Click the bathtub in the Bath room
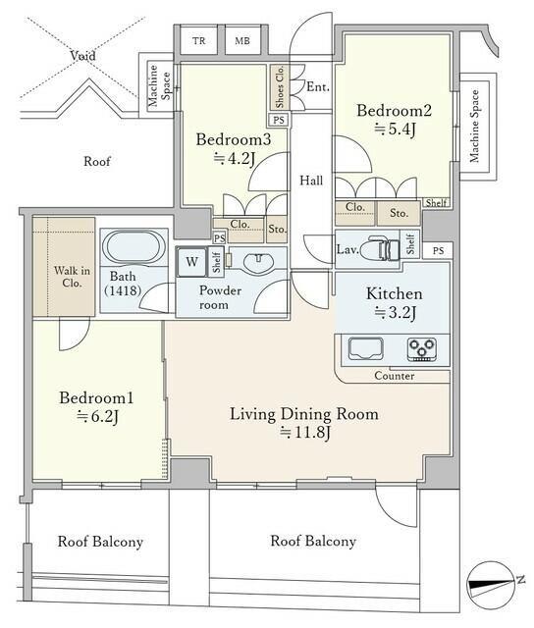point(133,246)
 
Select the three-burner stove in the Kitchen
point(422,349)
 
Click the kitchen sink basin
point(365,348)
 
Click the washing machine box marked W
point(191,262)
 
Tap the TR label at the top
point(198,40)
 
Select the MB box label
point(241,40)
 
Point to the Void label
point(82,55)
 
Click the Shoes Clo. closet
point(279,87)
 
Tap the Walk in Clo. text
point(72,277)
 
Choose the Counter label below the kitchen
point(395,376)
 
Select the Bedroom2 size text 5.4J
point(395,129)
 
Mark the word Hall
point(311,181)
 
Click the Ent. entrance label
point(318,86)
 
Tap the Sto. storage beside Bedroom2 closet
point(399,213)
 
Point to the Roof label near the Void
point(97,161)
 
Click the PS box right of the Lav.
point(438,251)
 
